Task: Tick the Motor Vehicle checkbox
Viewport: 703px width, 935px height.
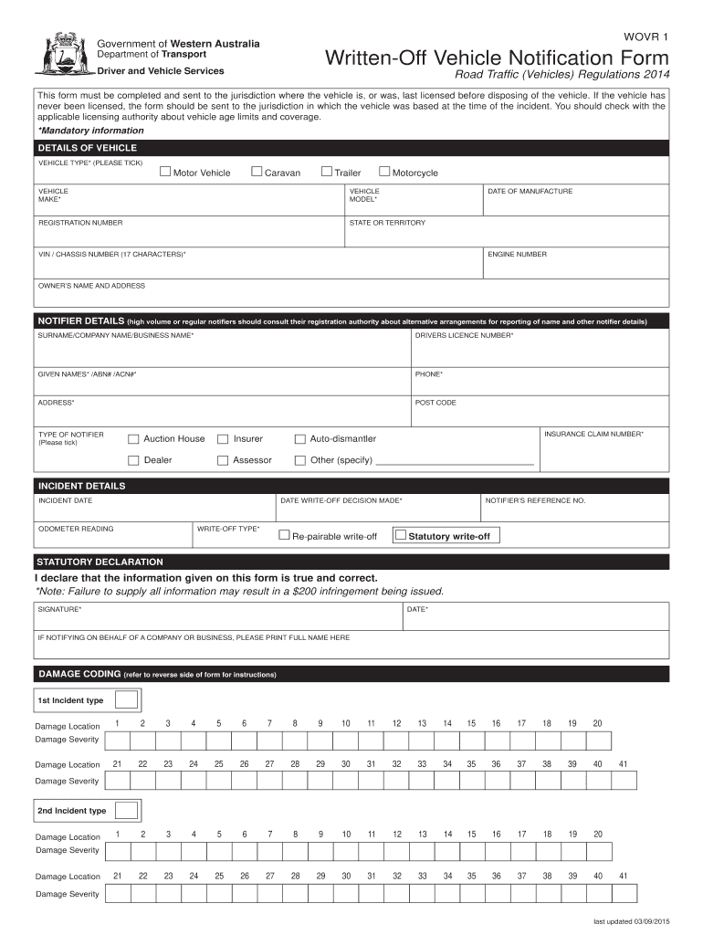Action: point(165,172)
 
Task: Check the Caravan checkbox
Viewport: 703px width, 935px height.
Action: point(257,172)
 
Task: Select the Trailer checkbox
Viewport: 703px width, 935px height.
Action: point(326,172)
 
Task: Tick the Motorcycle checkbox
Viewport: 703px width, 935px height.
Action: point(384,172)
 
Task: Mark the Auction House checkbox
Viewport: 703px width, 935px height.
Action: point(134,439)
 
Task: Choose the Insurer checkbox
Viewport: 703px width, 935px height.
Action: point(223,439)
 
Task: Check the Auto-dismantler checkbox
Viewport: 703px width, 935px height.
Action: point(300,439)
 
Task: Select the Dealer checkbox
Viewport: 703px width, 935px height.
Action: point(134,460)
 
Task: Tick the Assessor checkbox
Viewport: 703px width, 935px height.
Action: point(223,460)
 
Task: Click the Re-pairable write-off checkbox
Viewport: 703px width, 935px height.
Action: point(284,535)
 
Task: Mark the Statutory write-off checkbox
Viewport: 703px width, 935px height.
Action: point(400,535)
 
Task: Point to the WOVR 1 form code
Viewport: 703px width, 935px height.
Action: point(645,37)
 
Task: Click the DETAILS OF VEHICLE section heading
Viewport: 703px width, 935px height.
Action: point(87,148)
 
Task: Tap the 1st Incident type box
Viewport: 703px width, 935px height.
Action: point(127,700)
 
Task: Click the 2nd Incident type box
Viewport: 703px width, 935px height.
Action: point(127,810)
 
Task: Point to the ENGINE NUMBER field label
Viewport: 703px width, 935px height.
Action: point(517,254)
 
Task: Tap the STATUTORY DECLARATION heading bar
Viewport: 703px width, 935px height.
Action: point(99,562)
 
